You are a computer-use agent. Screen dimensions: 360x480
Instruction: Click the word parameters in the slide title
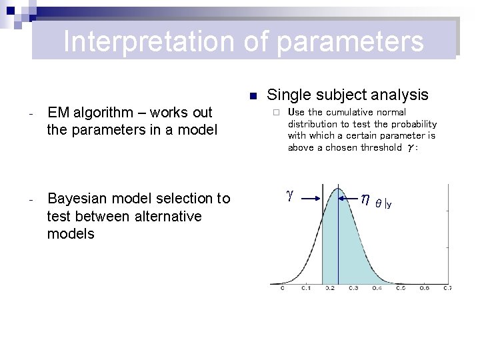(350, 41)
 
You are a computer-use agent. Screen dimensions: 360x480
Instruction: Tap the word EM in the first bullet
(59, 113)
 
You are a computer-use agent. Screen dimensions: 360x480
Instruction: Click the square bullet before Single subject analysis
(253, 96)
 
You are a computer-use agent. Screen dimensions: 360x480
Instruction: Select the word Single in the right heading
(287, 95)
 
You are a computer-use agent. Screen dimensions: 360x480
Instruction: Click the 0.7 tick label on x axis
(447, 289)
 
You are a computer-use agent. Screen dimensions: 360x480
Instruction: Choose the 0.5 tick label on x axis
(400, 289)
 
